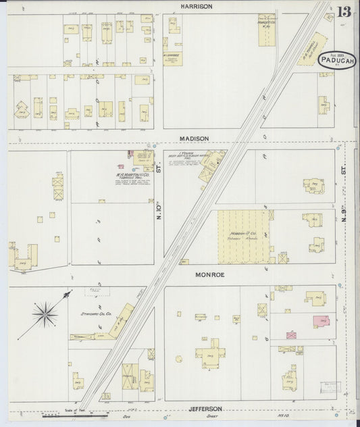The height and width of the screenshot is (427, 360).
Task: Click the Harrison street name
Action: click(x=196, y=6)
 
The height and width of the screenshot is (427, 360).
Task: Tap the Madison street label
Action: click(x=194, y=139)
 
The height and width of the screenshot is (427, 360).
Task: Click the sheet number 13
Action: click(x=344, y=11)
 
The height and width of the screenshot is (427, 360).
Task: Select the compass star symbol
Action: click(x=45, y=313)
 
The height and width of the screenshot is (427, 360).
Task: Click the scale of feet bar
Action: click(x=68, y=416)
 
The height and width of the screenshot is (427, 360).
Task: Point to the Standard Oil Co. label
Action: click(x=96, y=314)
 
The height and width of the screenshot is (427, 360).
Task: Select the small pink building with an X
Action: click(x=291, y=334)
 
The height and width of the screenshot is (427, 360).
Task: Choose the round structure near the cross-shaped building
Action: click(x=179, y=359)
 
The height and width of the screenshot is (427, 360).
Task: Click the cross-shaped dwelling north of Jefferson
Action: click(x=207, y=353)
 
